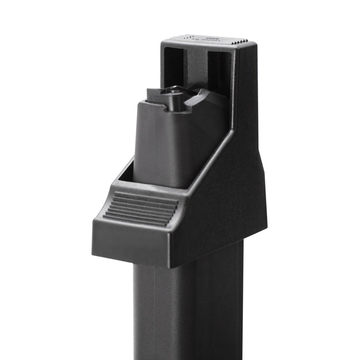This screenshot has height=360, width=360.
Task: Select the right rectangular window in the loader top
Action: (219, 70)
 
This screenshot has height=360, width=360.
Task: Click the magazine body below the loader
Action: (180, 310)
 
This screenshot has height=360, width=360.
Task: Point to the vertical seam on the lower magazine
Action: (155, 313)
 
